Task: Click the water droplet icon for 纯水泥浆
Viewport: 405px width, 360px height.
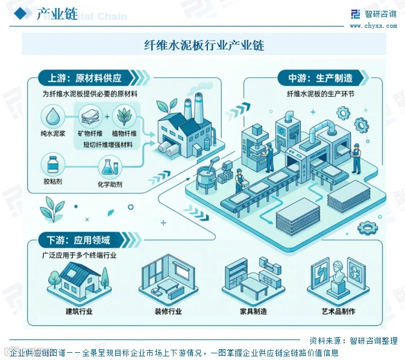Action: pos(53,116)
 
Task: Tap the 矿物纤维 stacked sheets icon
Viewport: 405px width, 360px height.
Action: pos(90,116)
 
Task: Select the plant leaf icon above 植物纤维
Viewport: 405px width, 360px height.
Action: pos(124,116)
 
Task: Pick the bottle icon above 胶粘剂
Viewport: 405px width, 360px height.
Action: pos(53,165)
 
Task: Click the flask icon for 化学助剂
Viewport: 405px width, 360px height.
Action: pos(110,167)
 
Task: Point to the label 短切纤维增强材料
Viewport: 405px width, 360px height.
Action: pos(108,145)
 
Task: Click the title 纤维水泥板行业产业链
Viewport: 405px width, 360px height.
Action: pos(204,45)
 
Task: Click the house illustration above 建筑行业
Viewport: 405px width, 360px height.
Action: pos(79,281)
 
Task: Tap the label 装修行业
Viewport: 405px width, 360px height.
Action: pos(168,311)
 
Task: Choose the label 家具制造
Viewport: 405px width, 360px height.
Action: pos(253,311)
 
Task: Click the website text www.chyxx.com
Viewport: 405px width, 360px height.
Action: pos(373,25)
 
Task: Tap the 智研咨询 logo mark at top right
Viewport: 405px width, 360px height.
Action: pos(355,14)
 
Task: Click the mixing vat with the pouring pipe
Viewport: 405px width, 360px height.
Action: pos(207,174)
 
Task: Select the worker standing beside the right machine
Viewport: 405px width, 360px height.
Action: pos(356,158)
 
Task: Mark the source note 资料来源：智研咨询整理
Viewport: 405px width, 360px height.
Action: pos(353,341)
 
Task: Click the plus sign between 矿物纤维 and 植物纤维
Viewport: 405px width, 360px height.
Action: pos(107,116)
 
